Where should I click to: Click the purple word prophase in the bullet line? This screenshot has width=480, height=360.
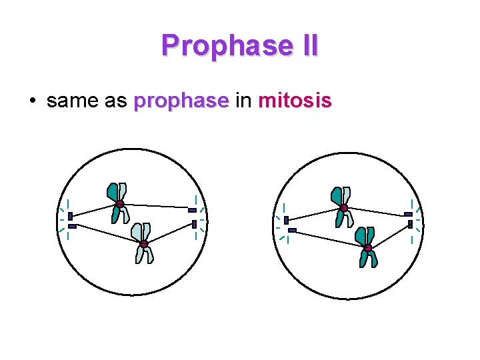point(181,102)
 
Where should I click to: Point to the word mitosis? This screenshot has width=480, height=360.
point(295,101)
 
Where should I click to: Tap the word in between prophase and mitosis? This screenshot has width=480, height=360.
point(243,101)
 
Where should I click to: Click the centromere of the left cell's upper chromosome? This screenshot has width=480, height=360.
point(119,204)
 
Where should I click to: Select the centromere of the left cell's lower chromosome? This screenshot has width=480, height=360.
point(143,243)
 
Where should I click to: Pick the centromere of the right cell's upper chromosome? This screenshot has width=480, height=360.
point(344,208)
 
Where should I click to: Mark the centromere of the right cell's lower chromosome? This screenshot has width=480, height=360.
point(367,248)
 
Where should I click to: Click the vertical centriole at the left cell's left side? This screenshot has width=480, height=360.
point(70,217)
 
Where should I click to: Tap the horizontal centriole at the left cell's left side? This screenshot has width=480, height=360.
point(72,227)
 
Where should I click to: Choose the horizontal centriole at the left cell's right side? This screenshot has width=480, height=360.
point(192,211)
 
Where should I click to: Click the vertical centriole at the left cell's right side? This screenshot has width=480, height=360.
point(194,224)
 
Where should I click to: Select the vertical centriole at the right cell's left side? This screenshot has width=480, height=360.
point(286,220)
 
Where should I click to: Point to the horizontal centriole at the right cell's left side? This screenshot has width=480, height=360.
point(292,230)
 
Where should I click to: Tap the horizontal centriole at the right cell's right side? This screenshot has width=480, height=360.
point(408,215)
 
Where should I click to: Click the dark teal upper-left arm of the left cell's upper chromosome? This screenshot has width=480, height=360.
point(112,192)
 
